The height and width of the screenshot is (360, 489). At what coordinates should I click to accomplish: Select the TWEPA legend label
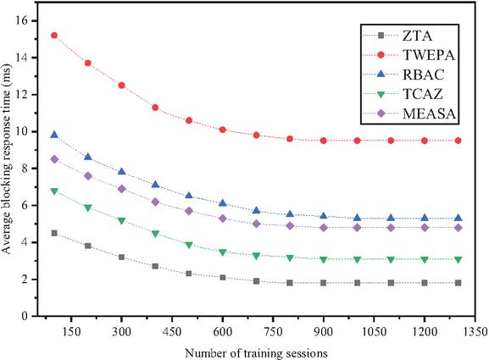coord(429,55)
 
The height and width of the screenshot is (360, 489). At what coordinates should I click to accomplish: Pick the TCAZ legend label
coord(423,94)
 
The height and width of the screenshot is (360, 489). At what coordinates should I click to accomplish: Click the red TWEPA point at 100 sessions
coord(54,36)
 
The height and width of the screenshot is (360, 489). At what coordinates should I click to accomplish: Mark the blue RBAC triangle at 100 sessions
coord(54,135)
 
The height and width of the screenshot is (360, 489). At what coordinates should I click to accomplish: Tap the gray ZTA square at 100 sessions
coord(54,233)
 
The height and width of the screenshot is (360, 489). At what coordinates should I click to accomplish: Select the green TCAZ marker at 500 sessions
coord(189,245)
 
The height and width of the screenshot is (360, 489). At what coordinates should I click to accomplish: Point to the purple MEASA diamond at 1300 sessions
coord(458,228)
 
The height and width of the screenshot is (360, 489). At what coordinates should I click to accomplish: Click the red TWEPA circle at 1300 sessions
coord(458,141)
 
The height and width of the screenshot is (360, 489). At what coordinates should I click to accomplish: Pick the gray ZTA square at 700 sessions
coord(256,281)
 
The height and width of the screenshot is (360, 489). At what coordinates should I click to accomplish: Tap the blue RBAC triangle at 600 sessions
coord(222,203)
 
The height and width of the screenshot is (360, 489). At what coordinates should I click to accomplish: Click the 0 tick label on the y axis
coord(25,316)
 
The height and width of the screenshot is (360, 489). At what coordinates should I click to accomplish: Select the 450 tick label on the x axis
coord(172,331)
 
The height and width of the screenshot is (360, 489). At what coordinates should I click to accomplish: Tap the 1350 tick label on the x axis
coord(475,331)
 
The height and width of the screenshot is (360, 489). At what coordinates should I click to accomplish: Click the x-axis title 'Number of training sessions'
coord(256,353)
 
